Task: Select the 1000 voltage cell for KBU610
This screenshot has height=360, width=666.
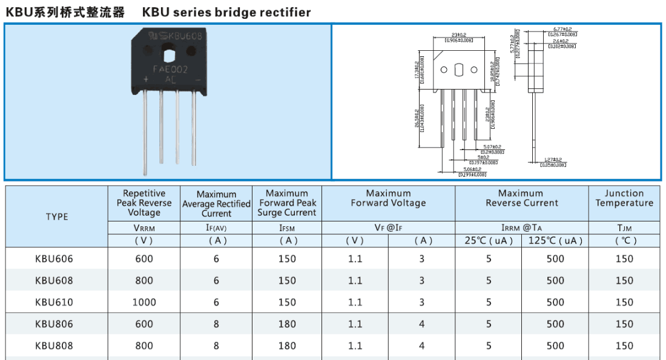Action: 144,302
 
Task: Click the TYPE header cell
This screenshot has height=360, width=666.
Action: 57,216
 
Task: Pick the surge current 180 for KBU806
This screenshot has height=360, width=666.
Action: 288,324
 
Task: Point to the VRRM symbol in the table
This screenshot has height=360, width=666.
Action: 144,228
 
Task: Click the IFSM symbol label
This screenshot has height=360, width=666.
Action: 288,228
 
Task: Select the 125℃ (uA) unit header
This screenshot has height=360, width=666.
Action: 555,240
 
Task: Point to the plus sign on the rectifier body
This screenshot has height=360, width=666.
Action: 146,79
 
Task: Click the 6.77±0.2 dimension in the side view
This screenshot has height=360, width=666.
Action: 562,29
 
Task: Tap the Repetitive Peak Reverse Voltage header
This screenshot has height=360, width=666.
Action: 144,203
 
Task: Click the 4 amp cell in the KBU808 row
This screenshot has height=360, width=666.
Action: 422,345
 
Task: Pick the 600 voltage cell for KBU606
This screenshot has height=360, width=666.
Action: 144,258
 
